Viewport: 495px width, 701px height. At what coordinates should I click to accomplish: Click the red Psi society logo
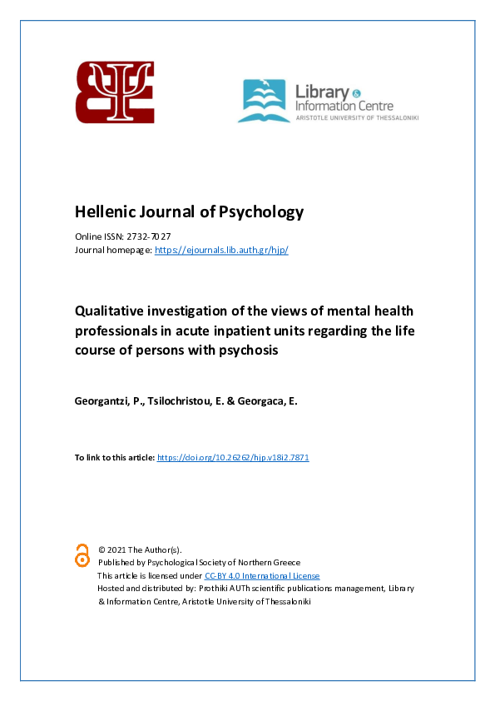[115, 92]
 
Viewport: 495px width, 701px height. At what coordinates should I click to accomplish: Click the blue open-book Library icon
[264, 102]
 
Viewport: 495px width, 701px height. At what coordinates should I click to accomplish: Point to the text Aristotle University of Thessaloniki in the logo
[358, 118]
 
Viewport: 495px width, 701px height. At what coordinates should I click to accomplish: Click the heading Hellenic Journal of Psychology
[189, 211]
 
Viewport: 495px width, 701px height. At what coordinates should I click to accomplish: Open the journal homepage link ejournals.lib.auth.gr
[221, 250]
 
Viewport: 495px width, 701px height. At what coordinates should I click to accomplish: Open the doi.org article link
[233, 458]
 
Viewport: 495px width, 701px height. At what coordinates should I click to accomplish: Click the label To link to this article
[115, 458]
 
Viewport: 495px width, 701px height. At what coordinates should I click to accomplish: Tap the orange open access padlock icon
[82, 554]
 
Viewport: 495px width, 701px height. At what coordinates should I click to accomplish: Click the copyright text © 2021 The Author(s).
[139, 549]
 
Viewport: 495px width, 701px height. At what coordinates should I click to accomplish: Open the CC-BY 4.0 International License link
[261, 575]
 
